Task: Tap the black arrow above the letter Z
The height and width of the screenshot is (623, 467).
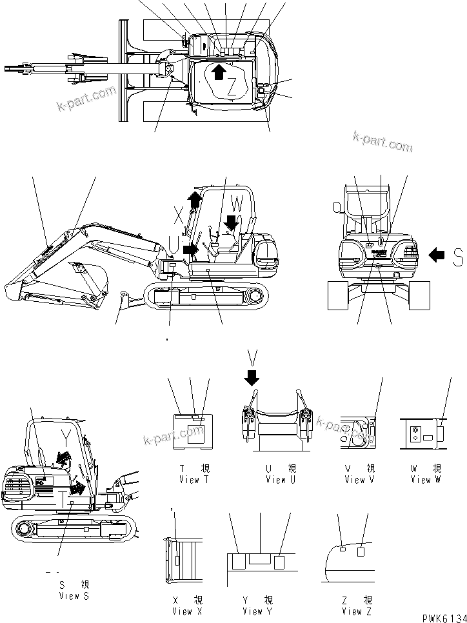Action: click(x=219, y=71)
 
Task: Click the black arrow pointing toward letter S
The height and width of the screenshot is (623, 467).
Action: click(x=437, y=256)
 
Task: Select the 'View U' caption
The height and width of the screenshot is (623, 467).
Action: click(x=281, y=479)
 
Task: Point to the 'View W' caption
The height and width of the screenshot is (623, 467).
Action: click(x=421, y=479)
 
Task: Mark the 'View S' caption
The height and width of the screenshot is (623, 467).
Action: click(x=74, y=596)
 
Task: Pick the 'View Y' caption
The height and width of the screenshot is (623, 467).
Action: click(x=252, y=611)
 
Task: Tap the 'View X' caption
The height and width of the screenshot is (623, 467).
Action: click(x=183, y=611)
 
